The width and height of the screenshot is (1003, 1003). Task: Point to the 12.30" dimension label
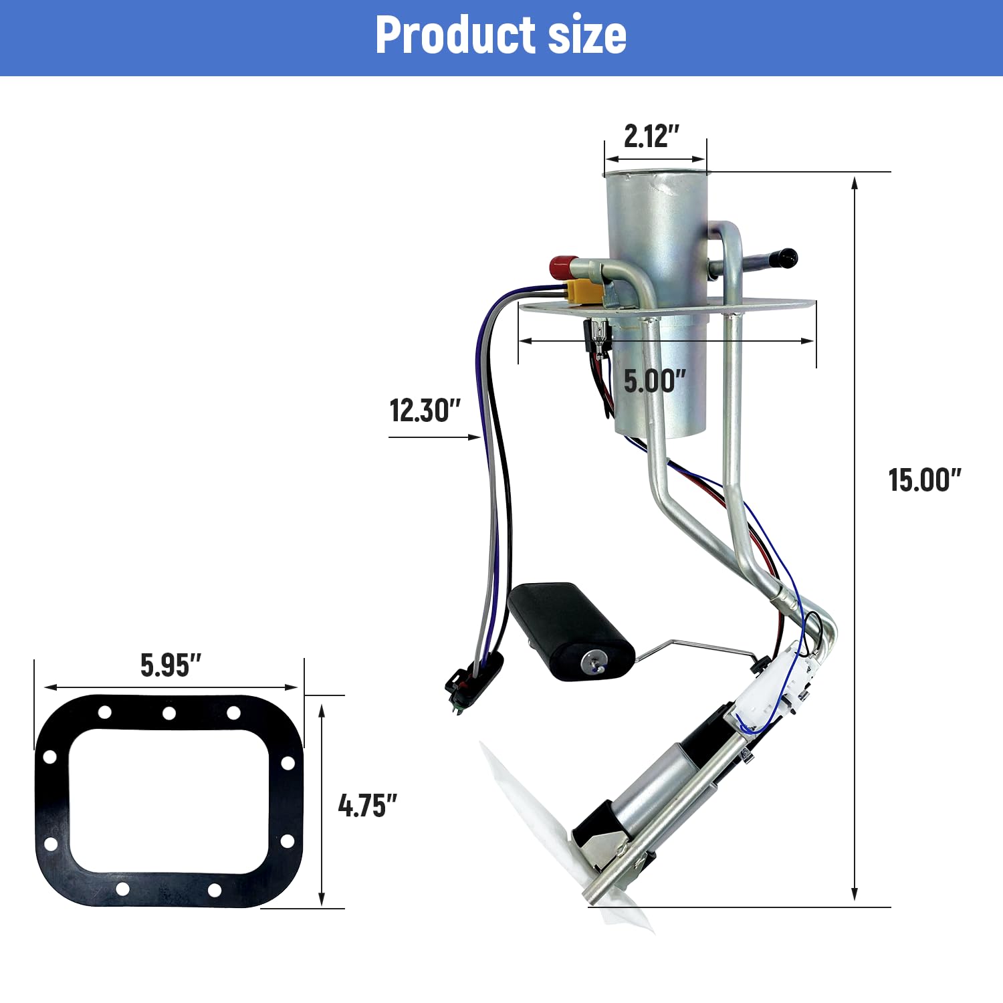point(425,410)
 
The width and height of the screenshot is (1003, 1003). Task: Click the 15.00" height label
point(925,479)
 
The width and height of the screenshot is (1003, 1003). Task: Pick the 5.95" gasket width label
point(171,665)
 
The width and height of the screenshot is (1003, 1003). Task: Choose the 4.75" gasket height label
point(368,805)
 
